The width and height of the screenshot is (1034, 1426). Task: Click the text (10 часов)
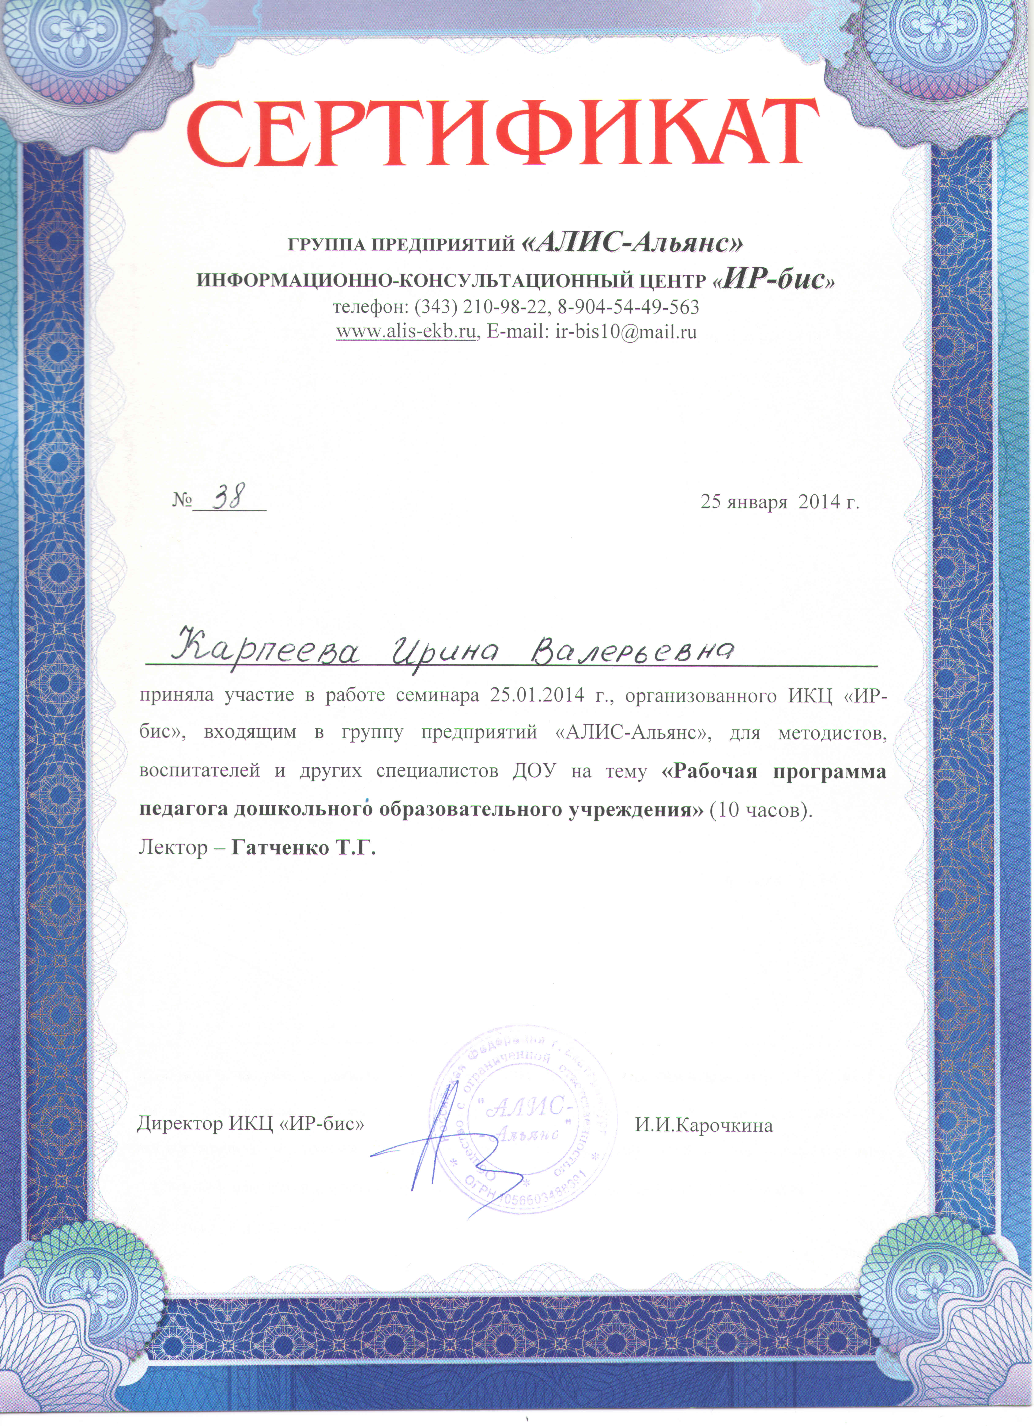point(761,811)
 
